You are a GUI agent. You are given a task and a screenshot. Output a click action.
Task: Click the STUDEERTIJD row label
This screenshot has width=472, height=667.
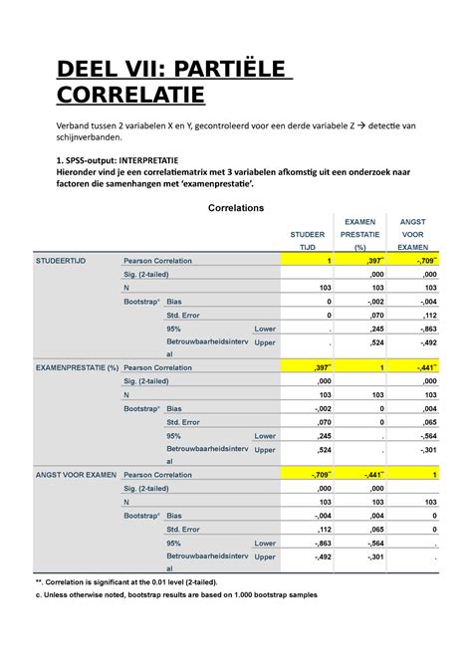tap(61, 260)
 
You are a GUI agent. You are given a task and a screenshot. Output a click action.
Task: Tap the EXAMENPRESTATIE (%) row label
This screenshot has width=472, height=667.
tap(77, 367)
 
